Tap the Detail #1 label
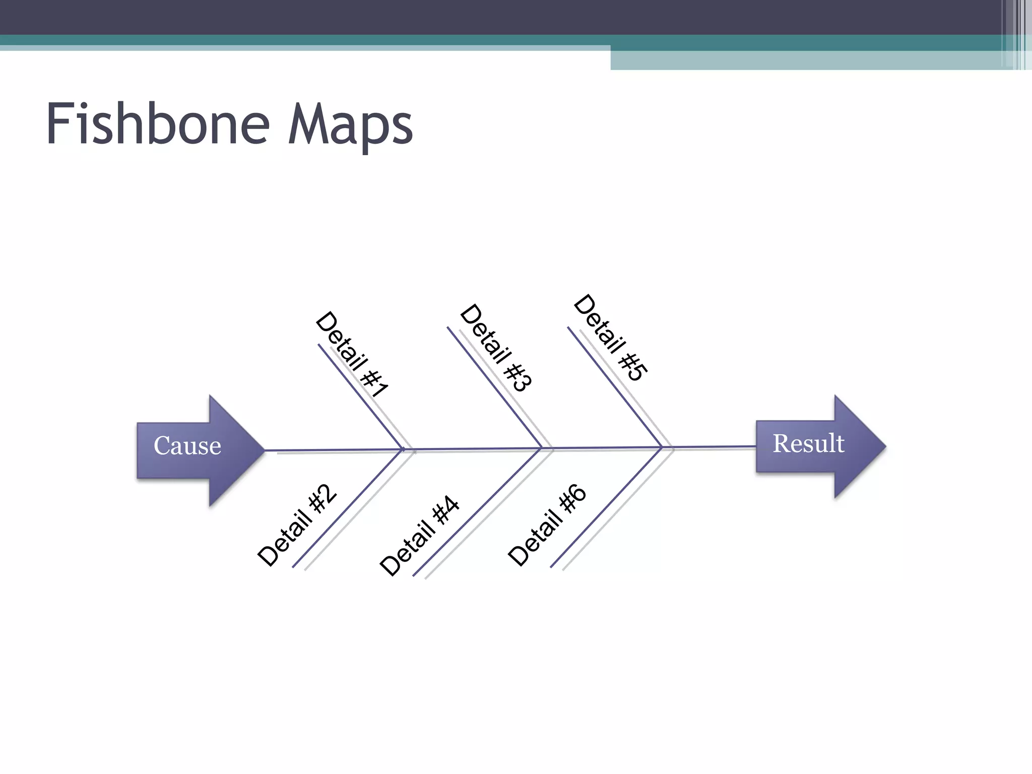tap(352, 355)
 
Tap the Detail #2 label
tap(297, 526)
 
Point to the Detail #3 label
tap(496, 348)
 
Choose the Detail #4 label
tap(419, 536)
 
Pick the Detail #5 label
tap(610, 338)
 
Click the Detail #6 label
tap(547, 525)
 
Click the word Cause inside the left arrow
tap(187, 445)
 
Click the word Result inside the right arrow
tap(808, 443)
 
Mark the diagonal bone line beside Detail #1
tap(360, 396)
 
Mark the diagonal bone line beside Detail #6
tap(606, 507)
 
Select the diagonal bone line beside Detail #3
tap(494, 387)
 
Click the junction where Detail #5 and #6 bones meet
tap(662, 447)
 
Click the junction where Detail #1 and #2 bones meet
tap(403, 449)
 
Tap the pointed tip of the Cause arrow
tap(264, 450)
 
